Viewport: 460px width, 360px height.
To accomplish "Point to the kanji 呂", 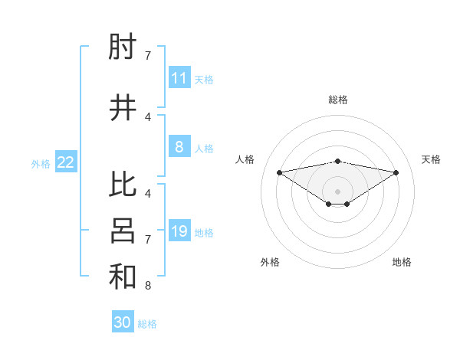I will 123,231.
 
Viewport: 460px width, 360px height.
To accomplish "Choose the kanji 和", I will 123,277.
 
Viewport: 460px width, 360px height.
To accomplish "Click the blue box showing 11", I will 179,78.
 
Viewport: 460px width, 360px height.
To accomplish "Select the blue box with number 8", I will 179,147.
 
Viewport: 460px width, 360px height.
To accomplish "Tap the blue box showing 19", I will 179,231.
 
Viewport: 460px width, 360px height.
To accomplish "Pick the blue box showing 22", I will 66,162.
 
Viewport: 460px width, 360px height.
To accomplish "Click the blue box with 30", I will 123,322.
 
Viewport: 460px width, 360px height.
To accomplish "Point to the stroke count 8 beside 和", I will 148,286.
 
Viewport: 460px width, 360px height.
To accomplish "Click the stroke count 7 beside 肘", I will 148,56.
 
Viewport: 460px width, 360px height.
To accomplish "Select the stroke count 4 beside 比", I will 148,194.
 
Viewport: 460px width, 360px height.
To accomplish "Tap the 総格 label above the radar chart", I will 338,100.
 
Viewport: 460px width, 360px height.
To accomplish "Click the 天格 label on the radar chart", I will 431,159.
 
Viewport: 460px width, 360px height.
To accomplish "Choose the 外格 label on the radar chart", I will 270,262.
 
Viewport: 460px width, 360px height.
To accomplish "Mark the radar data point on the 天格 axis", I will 396,172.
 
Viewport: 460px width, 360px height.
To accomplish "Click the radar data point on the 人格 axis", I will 279,172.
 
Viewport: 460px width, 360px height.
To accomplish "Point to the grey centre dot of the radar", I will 338,191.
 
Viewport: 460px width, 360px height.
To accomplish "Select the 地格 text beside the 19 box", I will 204,232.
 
